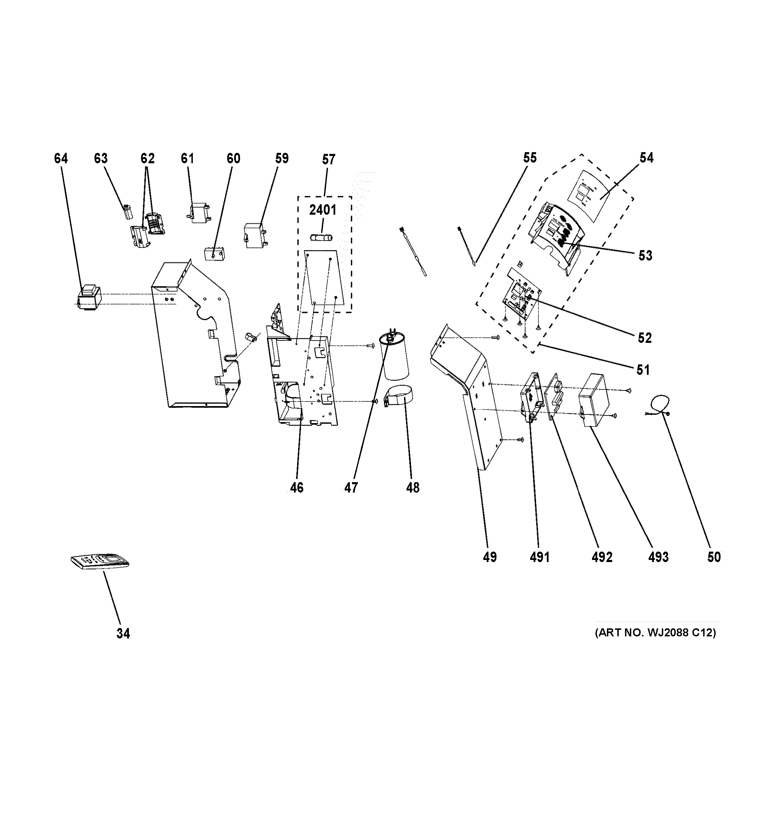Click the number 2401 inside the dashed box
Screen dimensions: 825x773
(322, 210)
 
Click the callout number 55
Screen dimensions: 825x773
(530, 158)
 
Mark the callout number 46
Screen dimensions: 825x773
(297, 488)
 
